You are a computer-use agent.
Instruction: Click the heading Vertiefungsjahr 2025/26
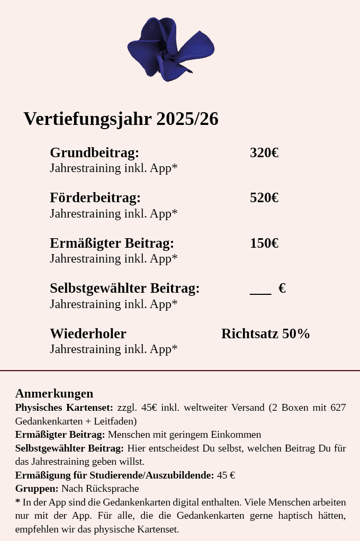[121, 119]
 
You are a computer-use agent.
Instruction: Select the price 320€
[264, 153]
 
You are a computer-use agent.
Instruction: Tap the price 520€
[264, 198]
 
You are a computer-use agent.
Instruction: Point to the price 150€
[264, 244]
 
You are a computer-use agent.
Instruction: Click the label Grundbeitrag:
[94, 153]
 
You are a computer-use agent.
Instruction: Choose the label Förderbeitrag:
[95, 198]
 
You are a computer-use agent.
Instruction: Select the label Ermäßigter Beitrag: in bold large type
[112, 244]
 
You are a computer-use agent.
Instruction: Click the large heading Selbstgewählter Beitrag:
[124, 288]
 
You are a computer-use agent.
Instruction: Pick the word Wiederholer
[88, 334]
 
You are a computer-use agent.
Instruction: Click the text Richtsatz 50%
[265, 334]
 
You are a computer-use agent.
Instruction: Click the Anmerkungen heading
[54, 393]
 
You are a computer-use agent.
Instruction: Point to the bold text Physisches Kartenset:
[64, 408]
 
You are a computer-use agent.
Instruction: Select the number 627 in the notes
[338, 408]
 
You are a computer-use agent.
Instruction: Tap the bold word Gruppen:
[37, 489]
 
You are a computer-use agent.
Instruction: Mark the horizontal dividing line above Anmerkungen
[180, 371]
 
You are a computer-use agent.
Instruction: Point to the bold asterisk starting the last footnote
[18, 502]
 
